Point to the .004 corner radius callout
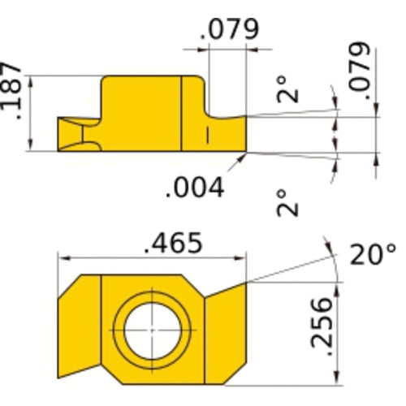(194, 188)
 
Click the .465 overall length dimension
(172, 242)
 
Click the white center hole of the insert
(151, 331)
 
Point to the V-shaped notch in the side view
(79, 134)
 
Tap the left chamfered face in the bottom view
(79, 329)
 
